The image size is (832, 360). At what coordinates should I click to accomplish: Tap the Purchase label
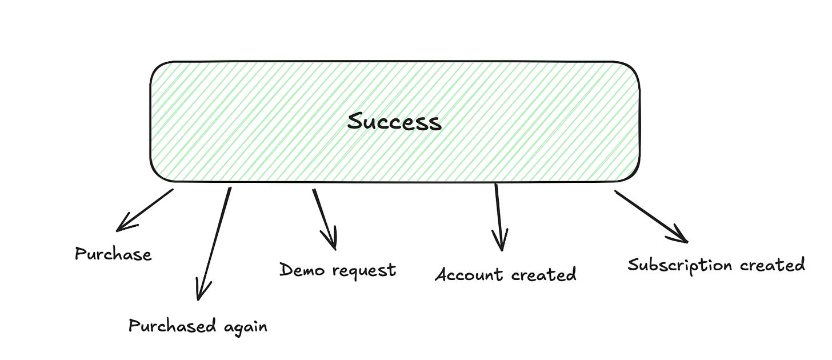[113, 254]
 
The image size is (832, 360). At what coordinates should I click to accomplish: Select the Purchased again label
[198, 326]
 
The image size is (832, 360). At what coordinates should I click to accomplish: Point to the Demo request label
[337, 269]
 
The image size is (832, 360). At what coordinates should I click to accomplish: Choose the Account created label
[505, 275]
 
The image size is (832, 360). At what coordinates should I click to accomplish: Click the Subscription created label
[716, 265]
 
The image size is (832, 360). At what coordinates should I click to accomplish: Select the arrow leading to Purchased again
[214, 242]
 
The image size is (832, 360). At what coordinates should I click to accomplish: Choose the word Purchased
[172, 326]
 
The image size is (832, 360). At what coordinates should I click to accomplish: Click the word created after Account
[543, 275]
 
